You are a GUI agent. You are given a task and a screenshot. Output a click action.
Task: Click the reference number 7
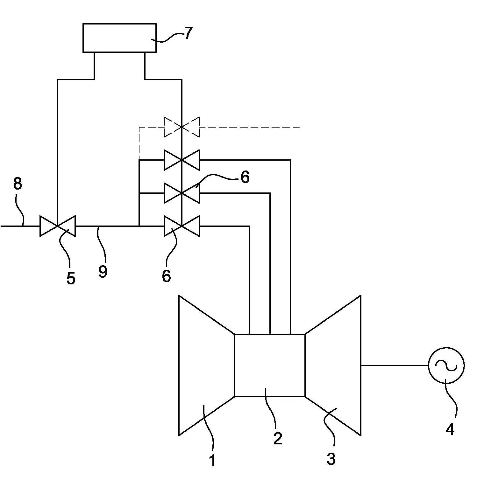(189, 33)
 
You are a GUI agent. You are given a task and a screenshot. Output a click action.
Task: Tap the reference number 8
(18, 184)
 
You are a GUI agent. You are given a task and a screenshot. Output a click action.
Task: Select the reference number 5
(71, 278)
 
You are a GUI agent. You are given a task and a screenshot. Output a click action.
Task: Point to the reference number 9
(103, 271)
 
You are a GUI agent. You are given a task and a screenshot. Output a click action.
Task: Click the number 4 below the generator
(450, 429)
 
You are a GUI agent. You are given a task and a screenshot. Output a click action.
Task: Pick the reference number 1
(212, 461)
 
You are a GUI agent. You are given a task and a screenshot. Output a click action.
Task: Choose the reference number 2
(278, 439)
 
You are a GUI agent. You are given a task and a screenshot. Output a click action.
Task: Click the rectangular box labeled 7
(119, 38)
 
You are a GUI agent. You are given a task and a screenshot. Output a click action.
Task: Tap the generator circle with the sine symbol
(446, 365)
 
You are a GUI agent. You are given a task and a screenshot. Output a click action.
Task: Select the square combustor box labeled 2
(270, 365)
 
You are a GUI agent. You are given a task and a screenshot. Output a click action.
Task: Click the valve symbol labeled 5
(58, 226)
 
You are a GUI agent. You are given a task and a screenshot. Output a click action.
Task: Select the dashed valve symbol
(181, 127)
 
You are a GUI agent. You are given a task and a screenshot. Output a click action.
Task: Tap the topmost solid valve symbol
(181, 160)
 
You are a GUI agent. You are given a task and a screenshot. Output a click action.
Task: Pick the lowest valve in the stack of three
(181, 226)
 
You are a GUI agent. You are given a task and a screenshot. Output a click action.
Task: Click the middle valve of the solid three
(181, 193)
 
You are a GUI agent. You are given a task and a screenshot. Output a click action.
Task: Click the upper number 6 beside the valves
(245, 177)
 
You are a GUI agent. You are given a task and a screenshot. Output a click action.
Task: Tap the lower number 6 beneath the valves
(166, 276)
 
